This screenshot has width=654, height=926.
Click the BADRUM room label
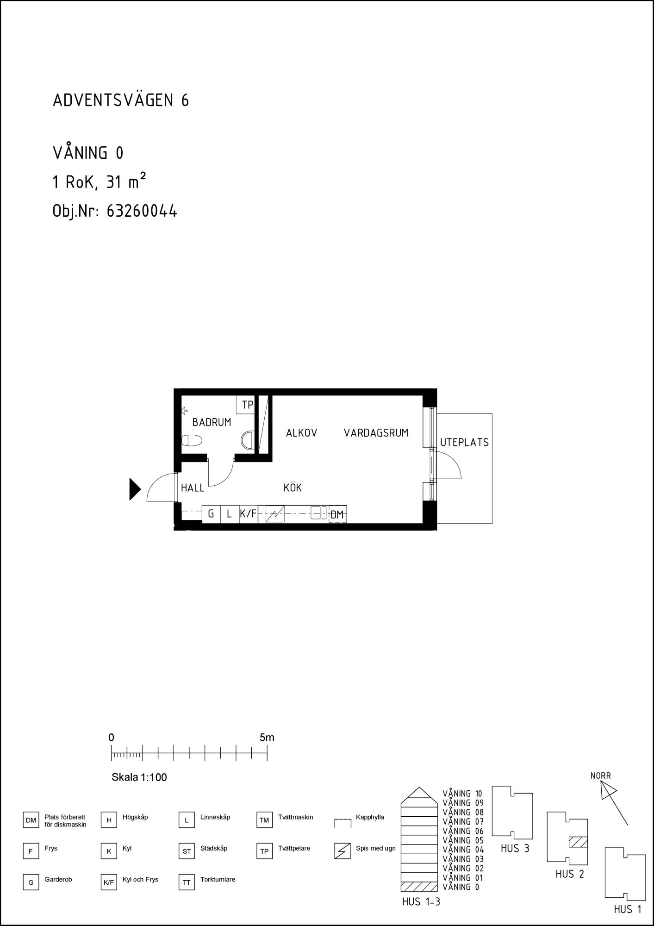pyautogui.click(x=212, y=423)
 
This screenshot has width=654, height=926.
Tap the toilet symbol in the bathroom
pyautogui.click(x=192, y=440)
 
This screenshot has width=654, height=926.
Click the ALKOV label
pyautogui.click(x=301, y=433)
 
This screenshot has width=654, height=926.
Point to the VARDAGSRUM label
pyautogui.click(x=376, y=433)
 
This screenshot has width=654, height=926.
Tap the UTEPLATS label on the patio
pyautogui.click(x=464, y=443)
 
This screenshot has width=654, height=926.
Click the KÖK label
pyautogui.click(x=293, y=488)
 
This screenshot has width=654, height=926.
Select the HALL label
pyautogui.click(x=193, y=488)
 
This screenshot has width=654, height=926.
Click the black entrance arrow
pyautogui.click(x=135, y=489)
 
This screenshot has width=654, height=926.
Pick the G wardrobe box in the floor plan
pyautogui.click(x=212, y=514)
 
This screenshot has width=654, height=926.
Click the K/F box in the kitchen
pyautogui.click(x=249, y=514)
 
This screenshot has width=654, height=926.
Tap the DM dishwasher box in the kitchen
pyautogui.click(x=337, y=514)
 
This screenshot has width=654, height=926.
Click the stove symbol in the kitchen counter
pyautogui.click(x=275, y=514)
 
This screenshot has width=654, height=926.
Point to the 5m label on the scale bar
pyautogui.click(x=267, y=738)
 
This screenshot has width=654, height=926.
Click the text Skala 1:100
pyautogui.click(x=139, y=777)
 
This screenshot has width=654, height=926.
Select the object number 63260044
pyautogui.click(x=142, y=211)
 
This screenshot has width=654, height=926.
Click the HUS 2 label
pyautogui.click(x=570, y=874)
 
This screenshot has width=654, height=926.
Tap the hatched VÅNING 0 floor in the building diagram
pyautogui.click(x=419, y=887)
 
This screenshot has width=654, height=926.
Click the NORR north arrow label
pyautogui.click(x=601, y=776)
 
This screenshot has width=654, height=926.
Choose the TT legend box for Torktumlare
pyautogui.click(x=187, y=882)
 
